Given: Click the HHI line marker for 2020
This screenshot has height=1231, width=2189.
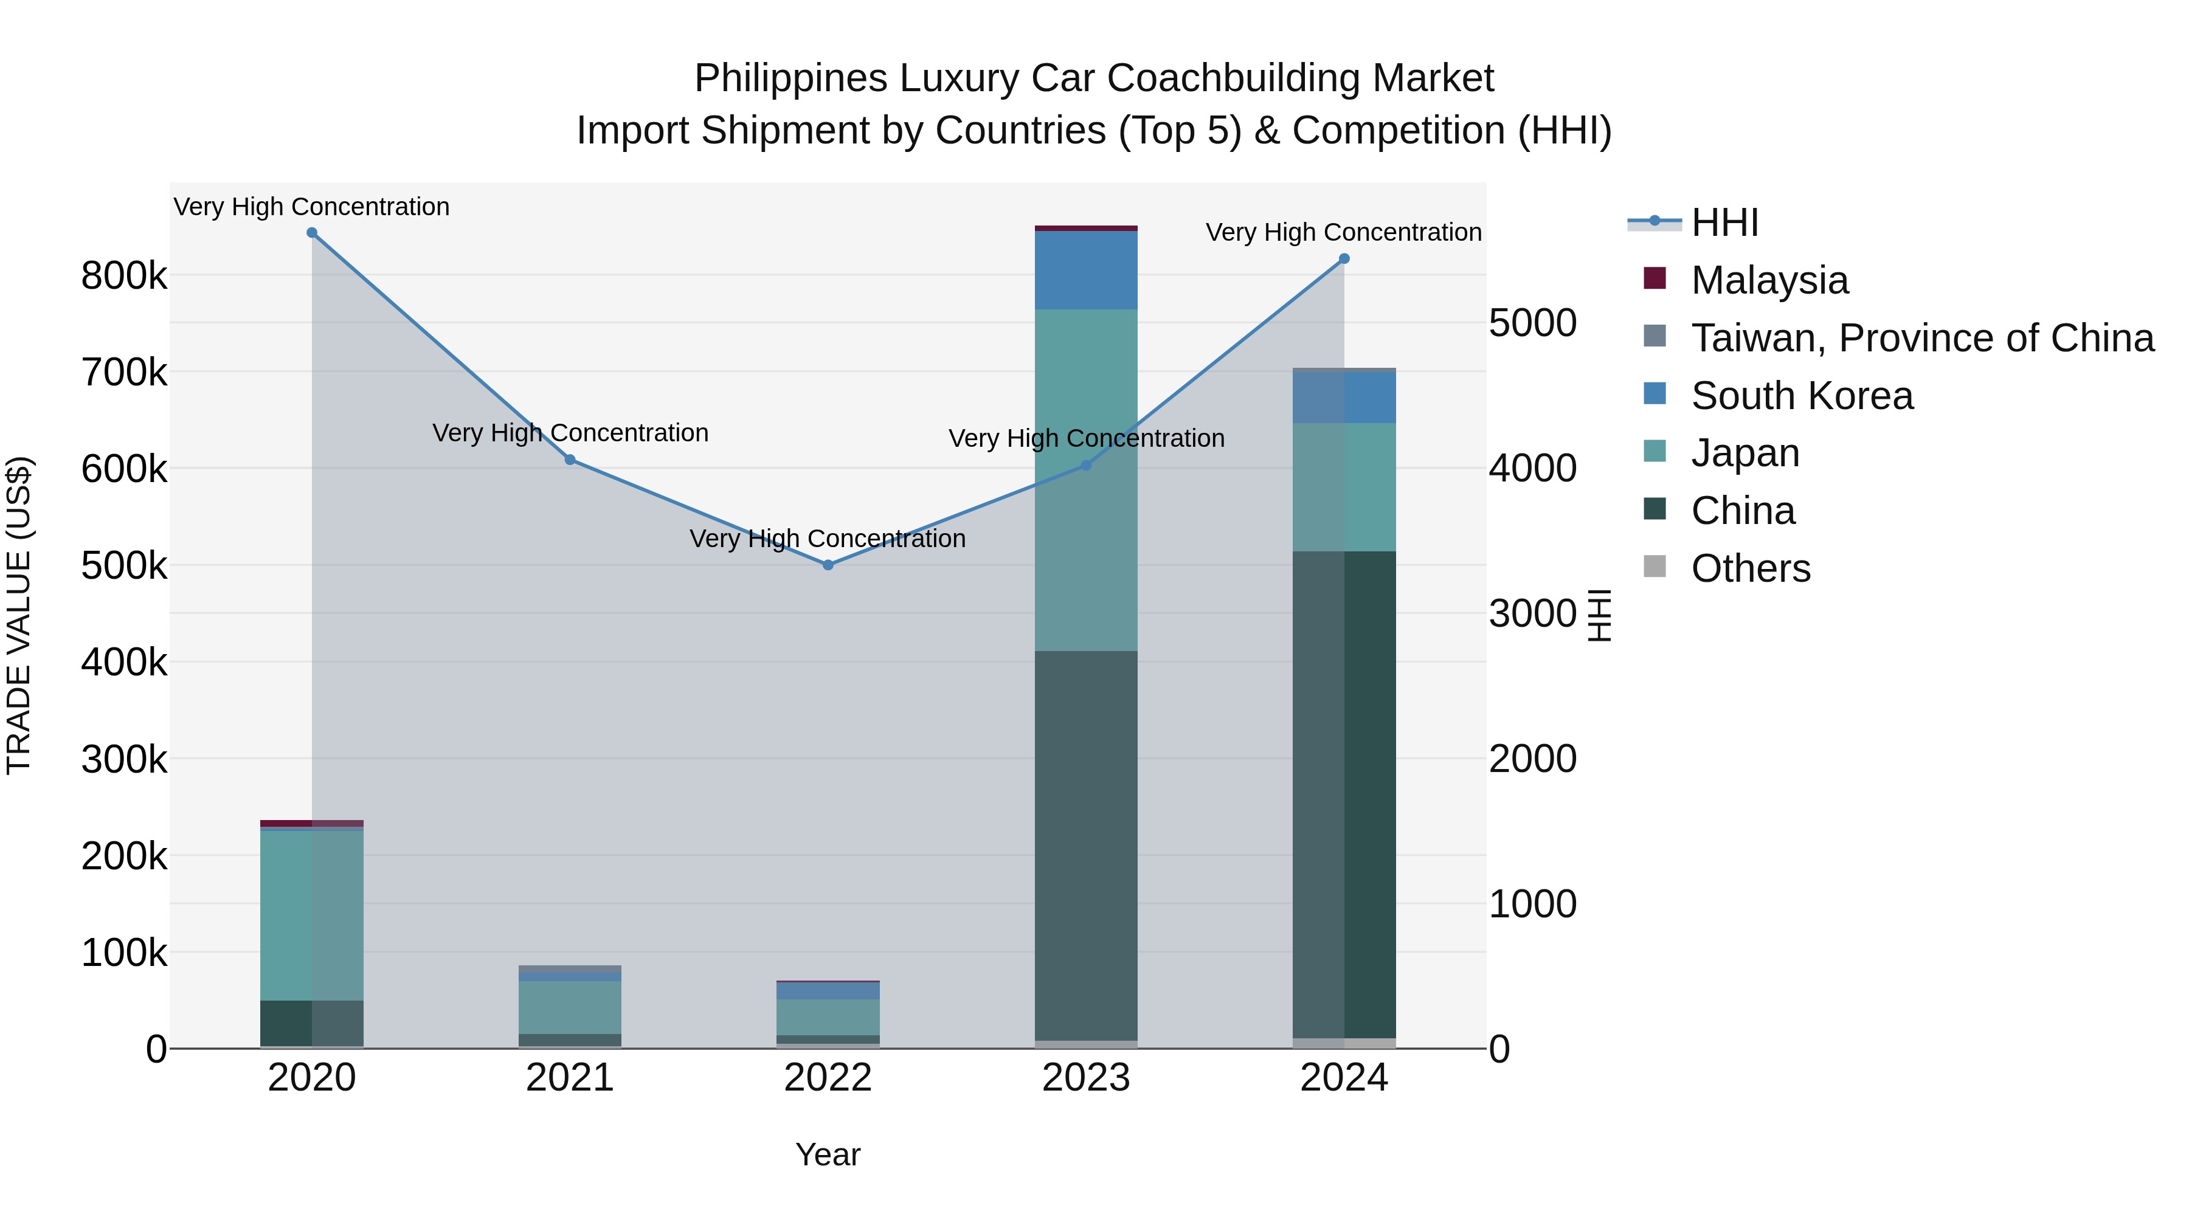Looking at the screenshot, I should [312, 233].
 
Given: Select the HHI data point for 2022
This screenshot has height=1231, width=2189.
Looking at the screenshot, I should [829, 565].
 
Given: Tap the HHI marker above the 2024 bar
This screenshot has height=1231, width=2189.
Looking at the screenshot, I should [1344, 259].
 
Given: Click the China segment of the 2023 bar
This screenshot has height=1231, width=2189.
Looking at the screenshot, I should [1086, 846].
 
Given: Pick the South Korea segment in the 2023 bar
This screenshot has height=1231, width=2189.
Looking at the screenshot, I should [1086, 270].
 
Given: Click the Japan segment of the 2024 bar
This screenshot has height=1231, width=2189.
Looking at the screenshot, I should [1344, 487].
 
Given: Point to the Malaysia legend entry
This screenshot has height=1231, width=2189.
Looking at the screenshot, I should [1769, 280].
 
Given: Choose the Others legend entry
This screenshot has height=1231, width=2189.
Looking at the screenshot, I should [1751, 568].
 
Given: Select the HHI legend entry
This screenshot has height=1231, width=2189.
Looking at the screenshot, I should [1724, 222].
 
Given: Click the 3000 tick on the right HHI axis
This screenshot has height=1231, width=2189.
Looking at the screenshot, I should [1532, 613].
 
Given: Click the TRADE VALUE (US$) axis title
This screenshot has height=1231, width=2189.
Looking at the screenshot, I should [19, 615].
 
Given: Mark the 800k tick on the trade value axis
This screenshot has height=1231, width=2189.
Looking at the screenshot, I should [124, 276].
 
